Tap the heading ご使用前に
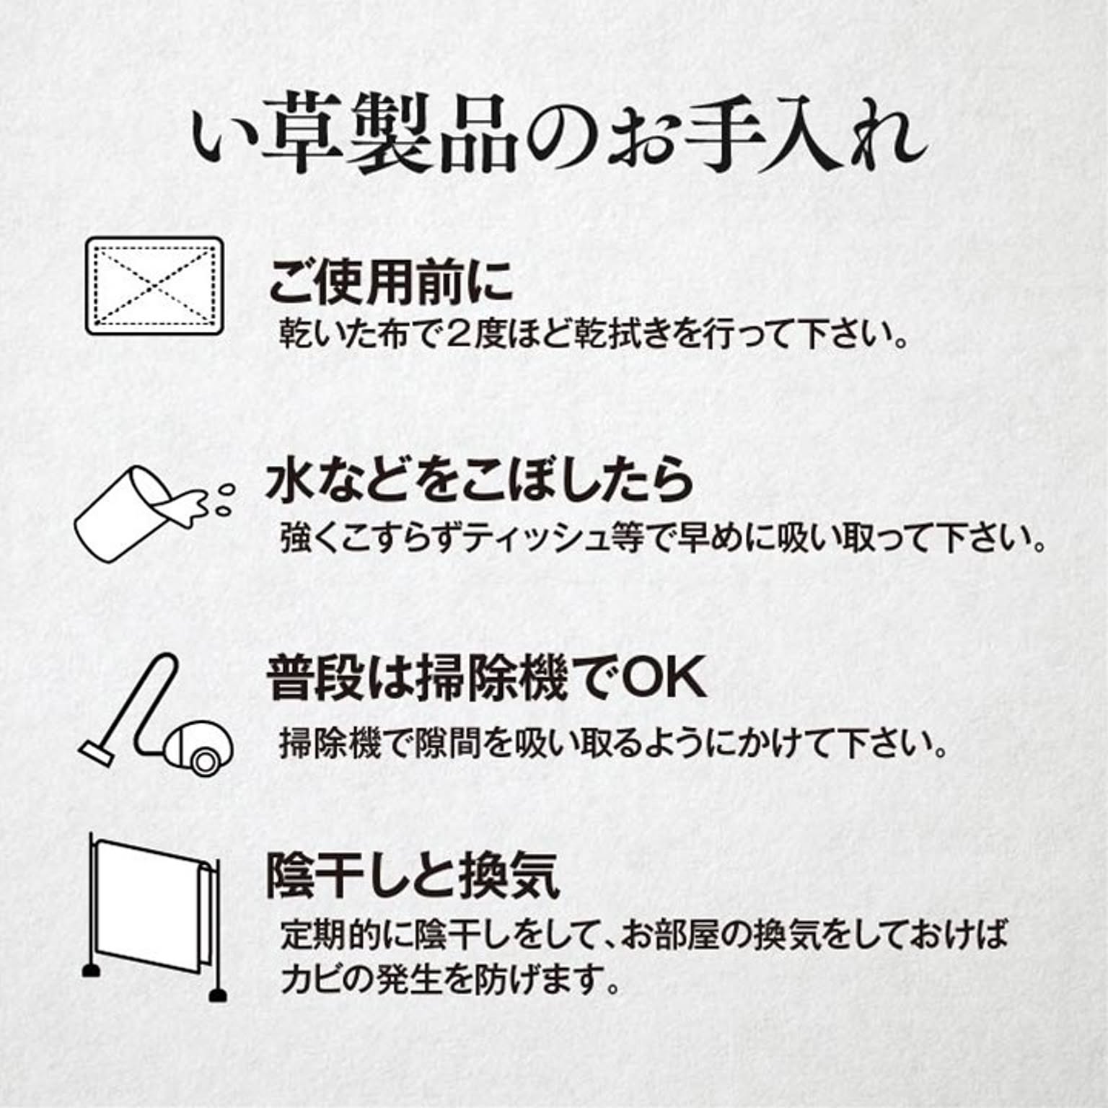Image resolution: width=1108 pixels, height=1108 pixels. (x=390, y=281)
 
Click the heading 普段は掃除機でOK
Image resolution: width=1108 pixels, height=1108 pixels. (x=486, y=678)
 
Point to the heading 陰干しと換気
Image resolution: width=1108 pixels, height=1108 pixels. (x=413, y=876)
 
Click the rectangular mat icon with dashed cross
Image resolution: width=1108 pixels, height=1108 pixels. (x=154, y=286)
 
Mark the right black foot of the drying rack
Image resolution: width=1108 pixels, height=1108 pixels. (x=217, y=995)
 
